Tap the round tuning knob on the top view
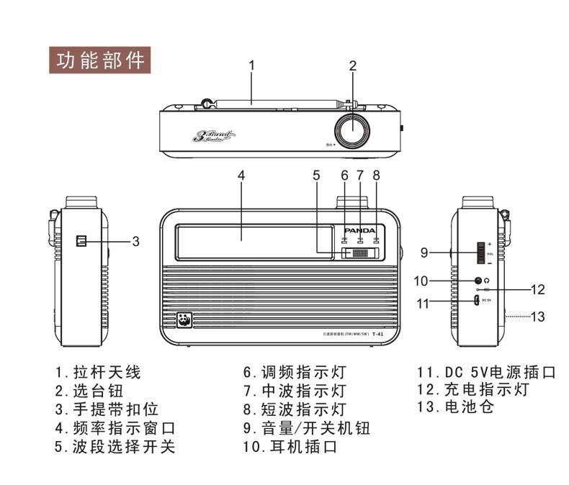351,130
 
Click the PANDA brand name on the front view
359,230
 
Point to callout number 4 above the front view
241,174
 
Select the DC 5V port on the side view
477,301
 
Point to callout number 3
135,241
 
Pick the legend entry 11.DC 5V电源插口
486,372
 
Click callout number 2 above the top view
352,65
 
